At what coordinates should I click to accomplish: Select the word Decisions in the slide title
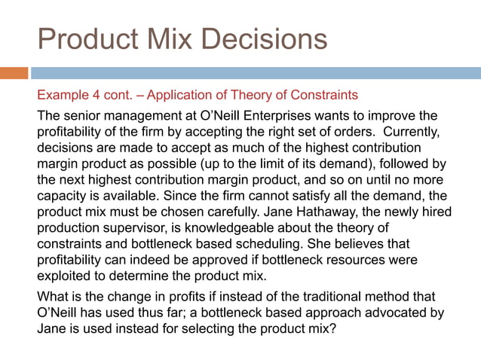click(268, 38)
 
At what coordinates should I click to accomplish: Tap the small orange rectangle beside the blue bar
click(14, 73)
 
